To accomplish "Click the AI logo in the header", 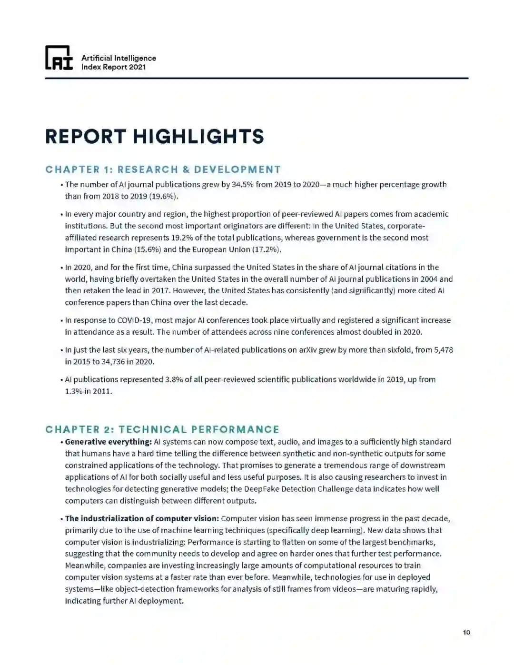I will click(59, 58).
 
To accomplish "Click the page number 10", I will click(466, 632).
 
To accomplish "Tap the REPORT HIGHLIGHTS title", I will click(154, 137).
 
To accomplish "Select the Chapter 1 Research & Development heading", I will click(163, 169).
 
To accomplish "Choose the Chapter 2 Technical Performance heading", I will click(162, 429).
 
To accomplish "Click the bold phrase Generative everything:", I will click(109, 442).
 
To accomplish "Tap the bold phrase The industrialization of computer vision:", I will click(142, 518).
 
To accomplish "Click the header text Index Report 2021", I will click(113, 67).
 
